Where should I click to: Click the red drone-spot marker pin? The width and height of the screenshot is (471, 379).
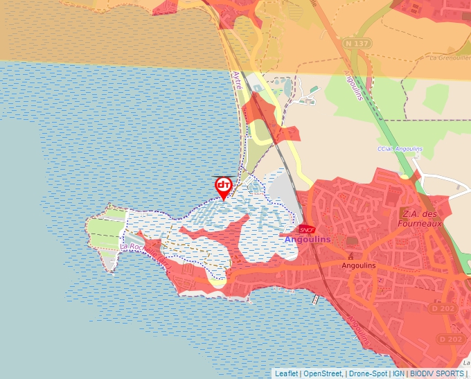223,186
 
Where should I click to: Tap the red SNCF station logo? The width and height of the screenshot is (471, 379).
307,230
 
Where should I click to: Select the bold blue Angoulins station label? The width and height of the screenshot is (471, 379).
308,240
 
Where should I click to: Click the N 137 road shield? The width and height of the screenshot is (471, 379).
357,44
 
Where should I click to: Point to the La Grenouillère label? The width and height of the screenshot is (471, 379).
450,58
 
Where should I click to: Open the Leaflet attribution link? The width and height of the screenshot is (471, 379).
286,373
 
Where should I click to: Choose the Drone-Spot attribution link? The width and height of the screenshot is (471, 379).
368,373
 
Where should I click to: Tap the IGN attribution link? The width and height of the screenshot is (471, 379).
398,373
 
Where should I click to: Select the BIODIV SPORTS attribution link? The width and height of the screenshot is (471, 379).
437,373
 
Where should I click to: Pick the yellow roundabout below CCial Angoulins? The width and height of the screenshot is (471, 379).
405,175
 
